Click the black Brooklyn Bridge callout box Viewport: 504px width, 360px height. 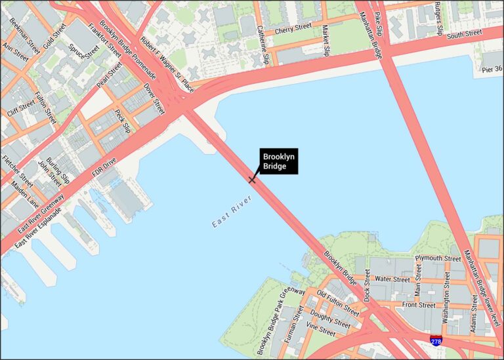pos(279,161)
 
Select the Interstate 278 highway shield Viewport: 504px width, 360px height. pos(436,340)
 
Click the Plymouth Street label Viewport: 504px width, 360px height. pos(438,258)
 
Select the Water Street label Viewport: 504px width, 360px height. pos(392,280)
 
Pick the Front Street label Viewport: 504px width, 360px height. pos(418,305)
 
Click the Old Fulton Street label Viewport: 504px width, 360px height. pos(337,302)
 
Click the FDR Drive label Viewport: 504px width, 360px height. pos(104,169)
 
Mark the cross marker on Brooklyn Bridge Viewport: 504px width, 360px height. pos(252,179)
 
